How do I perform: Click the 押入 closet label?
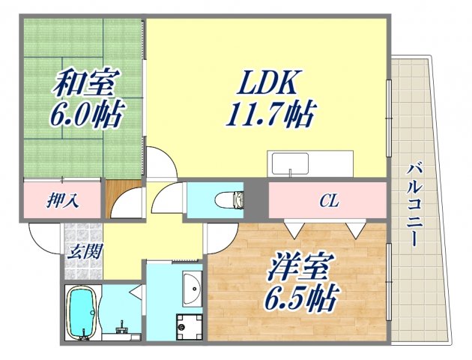pyautogui.click(x=64, y=200)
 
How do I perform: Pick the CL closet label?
pyautogui.click(x=328, y=200)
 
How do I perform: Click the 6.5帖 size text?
pyautogui.click(x=297, y=300)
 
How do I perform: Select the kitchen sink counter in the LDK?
pyautogui.click(x=310, y=163)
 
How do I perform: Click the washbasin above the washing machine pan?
pyautogui.click(x=192, y=286)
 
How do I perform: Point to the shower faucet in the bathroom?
pyautogui.click(x=121, y=327)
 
